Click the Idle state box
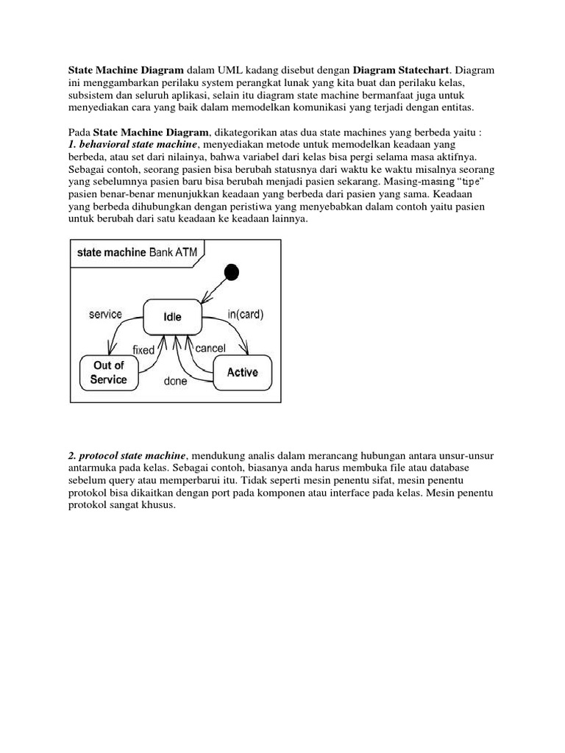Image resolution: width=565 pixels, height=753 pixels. click(172, 317)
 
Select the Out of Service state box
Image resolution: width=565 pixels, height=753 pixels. click(108, 373)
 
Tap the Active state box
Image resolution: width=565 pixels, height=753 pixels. click(242, 372)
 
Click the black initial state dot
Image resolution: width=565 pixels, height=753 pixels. click(231, 273)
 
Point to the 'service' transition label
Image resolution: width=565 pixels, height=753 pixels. click(105, 314)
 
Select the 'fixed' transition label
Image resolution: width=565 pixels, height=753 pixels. click(143, 350)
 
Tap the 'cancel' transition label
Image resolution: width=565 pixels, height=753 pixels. click(210, 348)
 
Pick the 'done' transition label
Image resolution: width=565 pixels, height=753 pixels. click(174, 382)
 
